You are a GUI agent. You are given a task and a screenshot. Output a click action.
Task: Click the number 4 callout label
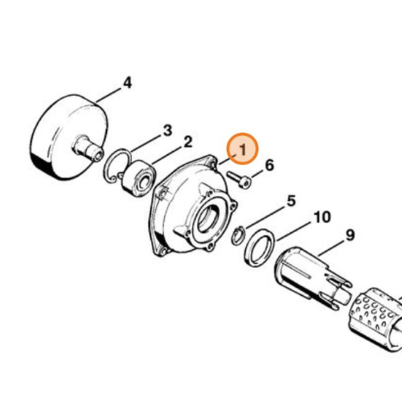pyautogui.click(x=128, y=83)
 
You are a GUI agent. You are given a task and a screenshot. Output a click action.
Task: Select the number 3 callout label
pyautogui.click(x=167, y=130)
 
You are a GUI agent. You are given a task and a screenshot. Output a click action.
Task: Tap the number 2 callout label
pyautogui.click(x=188, y=142)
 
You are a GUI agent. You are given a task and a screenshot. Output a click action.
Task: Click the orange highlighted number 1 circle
pyautogui.click(x=242, y=149)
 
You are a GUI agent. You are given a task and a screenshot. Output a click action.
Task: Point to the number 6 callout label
pyautogui.click(x=269, y=165)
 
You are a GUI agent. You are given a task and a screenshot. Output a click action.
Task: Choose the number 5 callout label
pyautogui.click(x=291, y=201)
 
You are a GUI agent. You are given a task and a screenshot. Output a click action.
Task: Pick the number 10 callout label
pyautogui.click(x=322, y=217)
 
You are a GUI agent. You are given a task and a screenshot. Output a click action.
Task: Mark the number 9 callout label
pyautogui.click(x=350, y=235)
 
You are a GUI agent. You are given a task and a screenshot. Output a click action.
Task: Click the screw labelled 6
pyautogui.click(x=239, y=180)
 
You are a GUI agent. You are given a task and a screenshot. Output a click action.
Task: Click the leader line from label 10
pyautogui.click(x=294, y=231)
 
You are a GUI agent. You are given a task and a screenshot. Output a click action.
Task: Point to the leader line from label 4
pyautogui.click(x=109, y=95)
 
